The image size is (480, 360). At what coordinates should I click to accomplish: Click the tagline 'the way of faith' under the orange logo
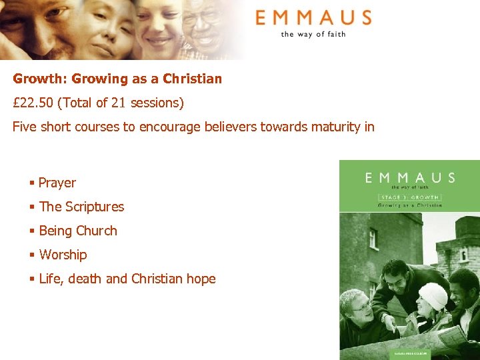[313, 34]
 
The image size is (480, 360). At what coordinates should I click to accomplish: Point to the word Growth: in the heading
[40, 79]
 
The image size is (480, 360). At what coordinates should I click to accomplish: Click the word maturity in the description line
[330, 127]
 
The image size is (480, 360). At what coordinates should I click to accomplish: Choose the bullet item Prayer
[57, 183]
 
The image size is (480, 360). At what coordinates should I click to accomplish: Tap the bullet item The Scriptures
[81, 207]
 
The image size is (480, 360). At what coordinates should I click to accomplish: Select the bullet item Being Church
[78, 231]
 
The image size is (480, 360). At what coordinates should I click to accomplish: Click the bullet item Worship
[63, 255]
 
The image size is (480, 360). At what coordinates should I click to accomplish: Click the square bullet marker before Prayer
[31, 183]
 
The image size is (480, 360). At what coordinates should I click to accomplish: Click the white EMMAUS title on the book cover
[410, 177]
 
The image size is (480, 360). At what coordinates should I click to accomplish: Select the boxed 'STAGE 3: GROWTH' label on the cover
[409, 197]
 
